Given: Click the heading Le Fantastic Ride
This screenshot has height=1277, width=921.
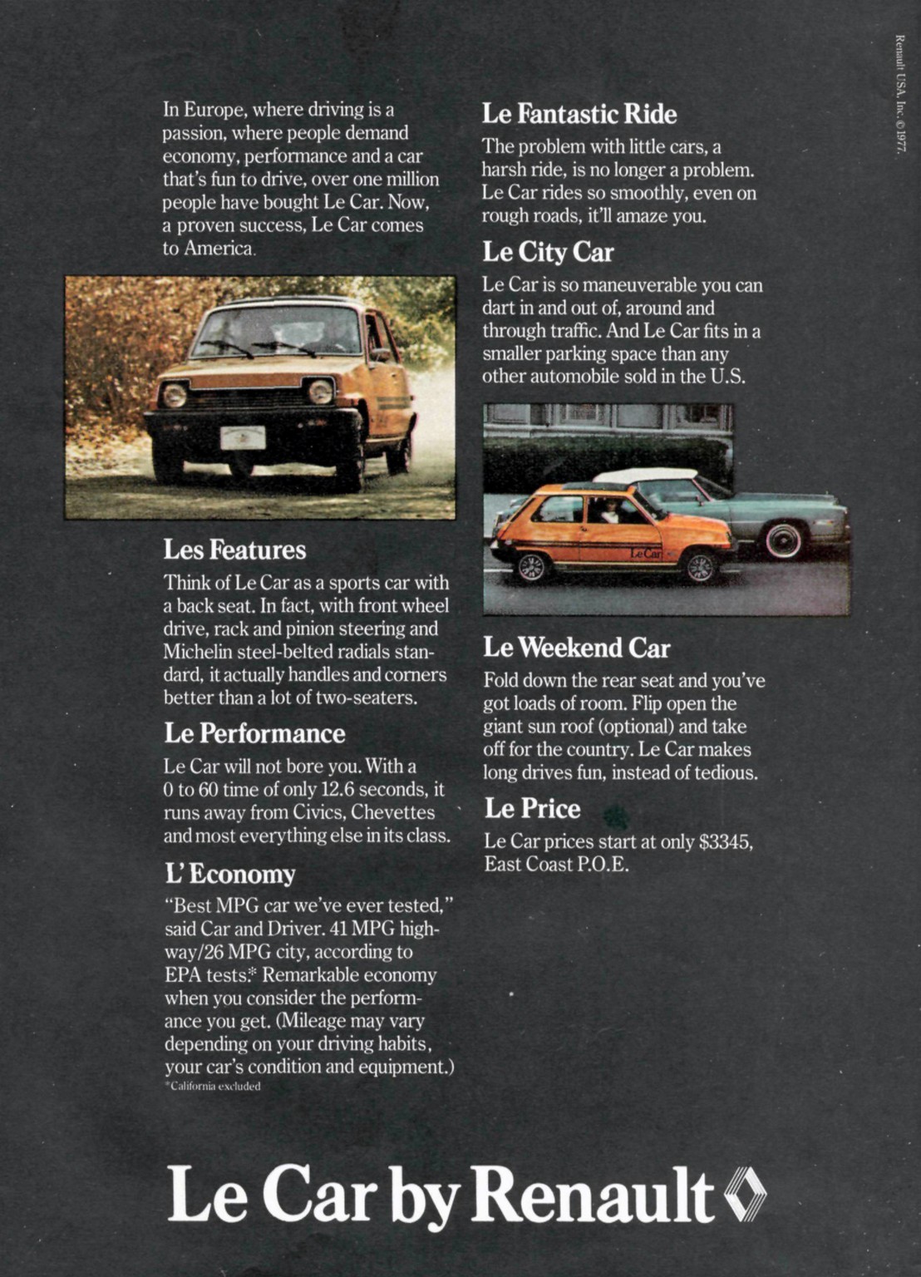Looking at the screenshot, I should [579, 114].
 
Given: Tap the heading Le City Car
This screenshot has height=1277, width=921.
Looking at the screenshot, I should [548, 252].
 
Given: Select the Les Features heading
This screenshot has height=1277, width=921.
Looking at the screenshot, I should [234, 550].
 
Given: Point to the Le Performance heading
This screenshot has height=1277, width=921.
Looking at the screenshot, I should [254, 733].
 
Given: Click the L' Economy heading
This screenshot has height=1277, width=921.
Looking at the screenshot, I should [230, 874].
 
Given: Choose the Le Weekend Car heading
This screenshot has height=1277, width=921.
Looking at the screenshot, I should [577, 648].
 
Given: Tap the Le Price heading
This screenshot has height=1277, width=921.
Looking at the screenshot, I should [532, 808].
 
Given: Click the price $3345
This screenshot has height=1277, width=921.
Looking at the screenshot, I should [725, 841].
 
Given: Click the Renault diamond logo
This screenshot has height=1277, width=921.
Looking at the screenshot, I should [746, 1195].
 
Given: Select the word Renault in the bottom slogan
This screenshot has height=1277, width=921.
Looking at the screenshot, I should [593, 1195].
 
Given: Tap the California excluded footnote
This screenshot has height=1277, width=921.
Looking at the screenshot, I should [213, 1087].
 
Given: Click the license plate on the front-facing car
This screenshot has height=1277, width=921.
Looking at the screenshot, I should [243, 437].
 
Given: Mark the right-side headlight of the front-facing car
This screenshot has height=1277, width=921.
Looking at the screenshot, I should [320, 391].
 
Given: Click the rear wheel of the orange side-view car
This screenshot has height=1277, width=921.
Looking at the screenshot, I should [529, 567].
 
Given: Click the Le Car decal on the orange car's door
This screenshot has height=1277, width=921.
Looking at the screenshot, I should [645, 553].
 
